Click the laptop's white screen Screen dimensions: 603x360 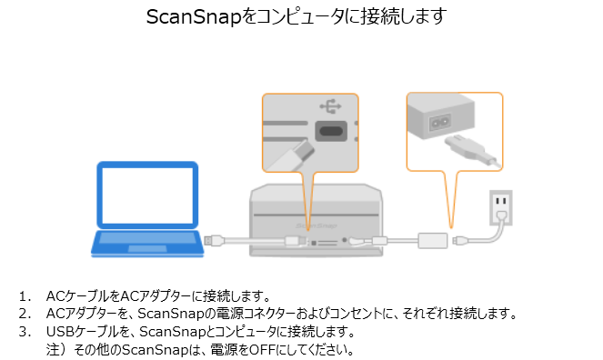(x=147, y=195)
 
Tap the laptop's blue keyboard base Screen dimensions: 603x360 (x=147, y=243)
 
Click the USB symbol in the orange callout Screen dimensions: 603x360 (x=330, y=106)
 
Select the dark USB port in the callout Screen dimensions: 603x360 (x=331, y=131)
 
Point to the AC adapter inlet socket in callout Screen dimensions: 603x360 (x=440, y=122)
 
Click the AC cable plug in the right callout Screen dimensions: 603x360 (x=472, y=152)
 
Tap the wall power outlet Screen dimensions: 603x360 (x=501, y=207)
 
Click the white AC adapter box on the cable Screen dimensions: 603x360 (x=433, y=241)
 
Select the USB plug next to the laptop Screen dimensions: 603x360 (x=214, y=241)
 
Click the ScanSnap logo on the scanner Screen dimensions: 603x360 (x=317, y=225)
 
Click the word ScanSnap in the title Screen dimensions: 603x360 (x=194, y=17)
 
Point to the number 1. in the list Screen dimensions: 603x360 (x=25, y=296)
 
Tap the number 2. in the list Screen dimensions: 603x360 (x=25, y=314)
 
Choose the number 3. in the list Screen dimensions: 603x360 (x=25, y=332)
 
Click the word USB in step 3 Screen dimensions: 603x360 (x=60, y=331)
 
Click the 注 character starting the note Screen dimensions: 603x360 (x=53, y=350)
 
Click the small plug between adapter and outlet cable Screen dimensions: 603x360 (x=459, y=241)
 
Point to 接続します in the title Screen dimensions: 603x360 (x=404, y=17)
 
